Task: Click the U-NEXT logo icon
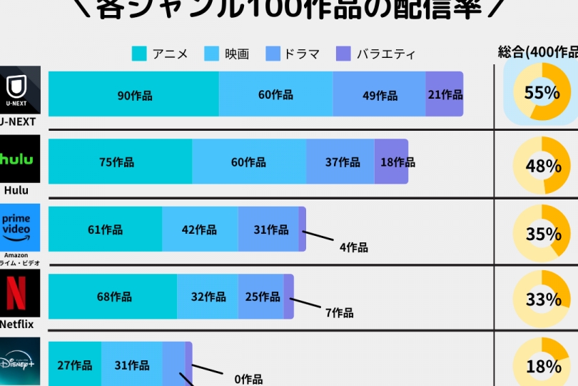(20, 90)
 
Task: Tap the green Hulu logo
(20, 159)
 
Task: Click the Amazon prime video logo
(20, 227)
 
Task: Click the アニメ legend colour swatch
(140, 54)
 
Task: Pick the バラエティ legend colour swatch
(343, 54)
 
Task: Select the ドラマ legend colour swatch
(273, 54)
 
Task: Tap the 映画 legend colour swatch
(212, 54)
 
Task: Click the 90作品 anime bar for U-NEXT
(134, 94)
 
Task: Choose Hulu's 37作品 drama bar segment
(341, 162)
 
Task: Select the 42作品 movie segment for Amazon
(200, 229)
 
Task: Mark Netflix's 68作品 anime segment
(113, 297)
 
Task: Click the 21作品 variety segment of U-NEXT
(445, 94)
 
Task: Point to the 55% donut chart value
(542, 93)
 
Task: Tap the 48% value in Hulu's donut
(542, 167)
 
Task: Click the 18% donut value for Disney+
(542, 367)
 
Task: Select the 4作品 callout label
(354, 247)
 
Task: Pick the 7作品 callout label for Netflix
(340, 312)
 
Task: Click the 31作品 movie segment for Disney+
(131, 365)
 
